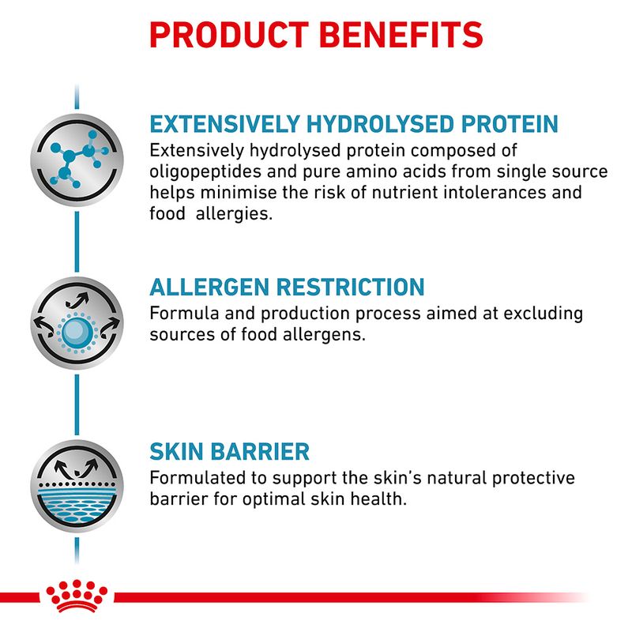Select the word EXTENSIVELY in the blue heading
[x=224, y=125]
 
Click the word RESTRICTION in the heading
[x=350, y=286]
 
